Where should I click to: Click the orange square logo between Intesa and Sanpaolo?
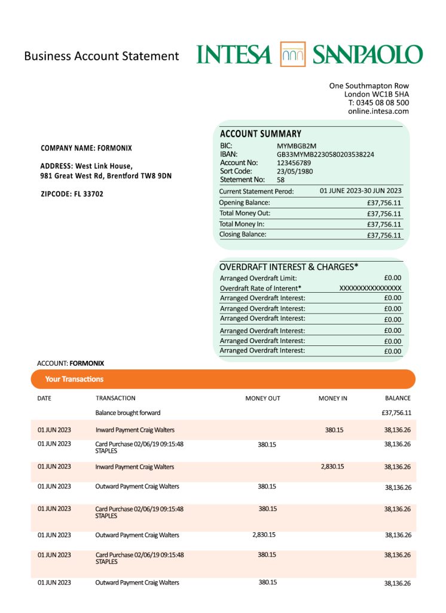[x=292, y=54]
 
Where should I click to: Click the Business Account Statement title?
[x=102, y=56]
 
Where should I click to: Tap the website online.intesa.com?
[x=378, y=111]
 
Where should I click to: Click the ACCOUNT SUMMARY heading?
[x=261, y=134]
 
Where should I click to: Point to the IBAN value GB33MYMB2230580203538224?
[x=325, y=154]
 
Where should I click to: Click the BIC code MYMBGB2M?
[x=297, y=146]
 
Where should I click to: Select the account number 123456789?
[x=294, y=163]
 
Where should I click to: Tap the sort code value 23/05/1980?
[x=295, y=171]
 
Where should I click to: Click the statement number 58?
[x=280, y=180]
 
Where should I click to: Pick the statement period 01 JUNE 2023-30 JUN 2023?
[x=361, y=191]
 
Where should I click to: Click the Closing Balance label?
[x=243, y=235]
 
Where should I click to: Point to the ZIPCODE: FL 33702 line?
[x=72, y=194]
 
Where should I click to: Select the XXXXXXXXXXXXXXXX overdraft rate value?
[x=371, y=288]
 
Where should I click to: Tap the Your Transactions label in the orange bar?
[x=74, y=379]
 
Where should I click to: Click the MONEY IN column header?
[x=332, y=398]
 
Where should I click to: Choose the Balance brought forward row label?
[x=128, y=412]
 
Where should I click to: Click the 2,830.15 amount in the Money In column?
[x=332, y=466]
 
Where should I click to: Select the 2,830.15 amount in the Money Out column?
[x=264, y=535]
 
